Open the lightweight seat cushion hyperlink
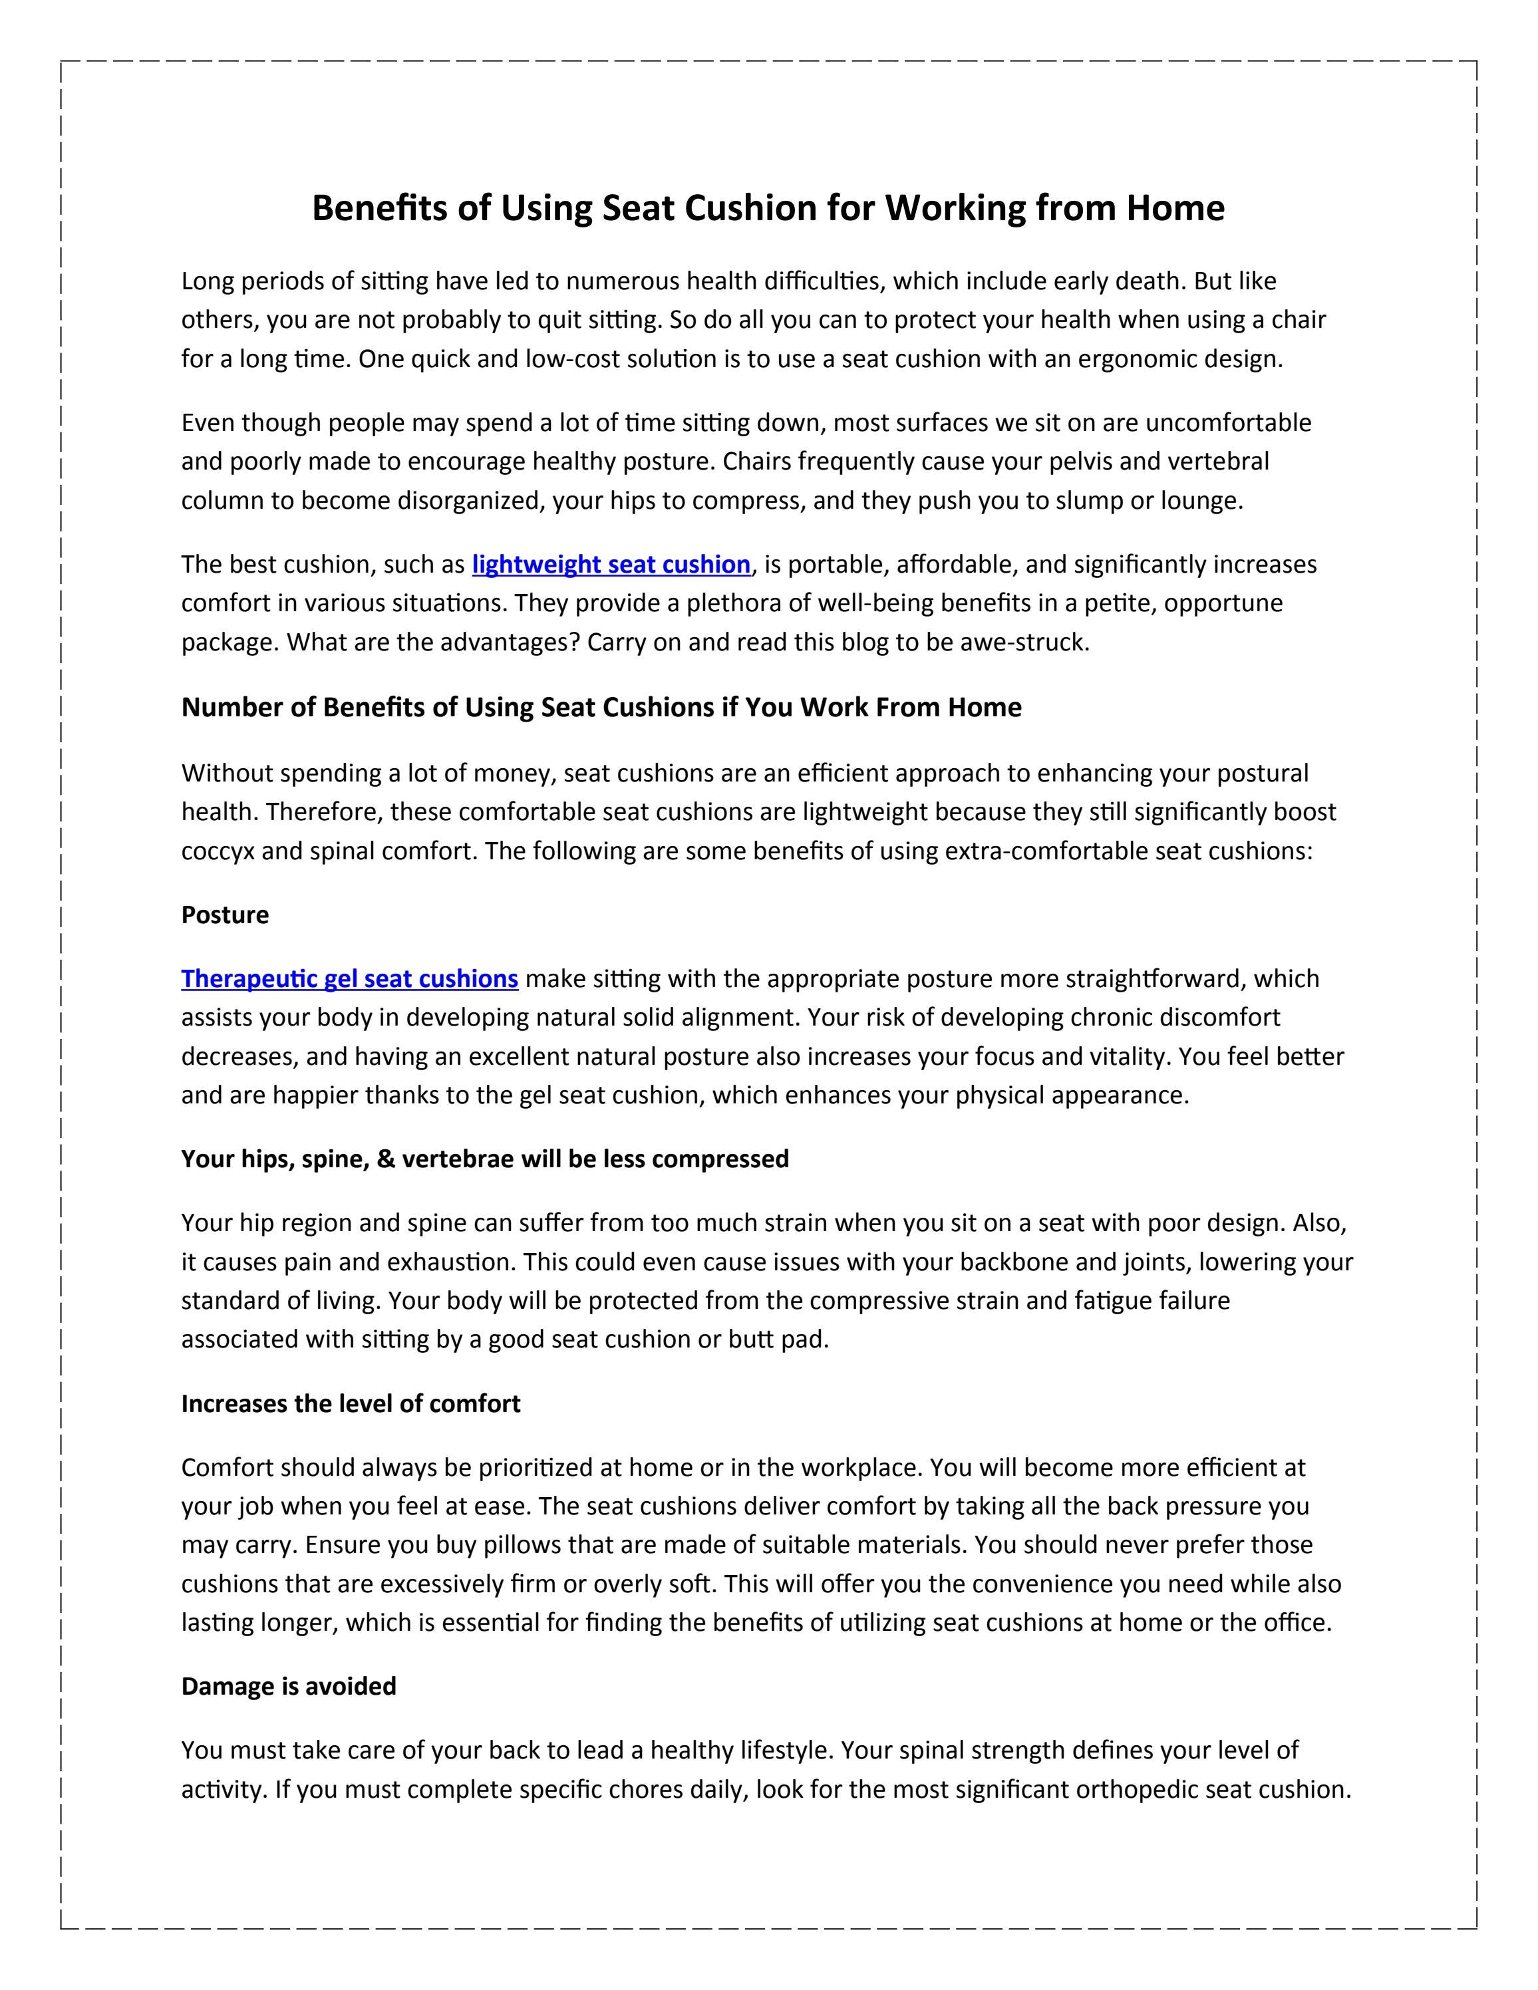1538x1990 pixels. (x=611, y=565)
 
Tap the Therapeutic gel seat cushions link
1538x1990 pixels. (x=350, y=978)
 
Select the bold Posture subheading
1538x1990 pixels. (x=225, y=915)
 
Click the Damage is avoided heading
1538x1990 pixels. (x=289, y=1687)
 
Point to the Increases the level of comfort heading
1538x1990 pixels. (x=351, y=1403)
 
